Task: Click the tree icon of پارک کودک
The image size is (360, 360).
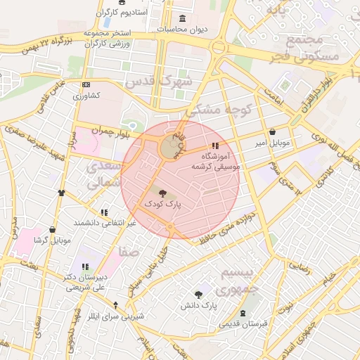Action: (x=163, y=193)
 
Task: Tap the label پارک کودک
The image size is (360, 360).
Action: (x=163, y=204)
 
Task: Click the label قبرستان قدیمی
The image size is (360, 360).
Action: (x=243, y=324)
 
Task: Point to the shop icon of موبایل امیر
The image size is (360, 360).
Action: (x=272, y=131)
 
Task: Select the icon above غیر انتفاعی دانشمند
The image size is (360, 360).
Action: (x=104, y=212)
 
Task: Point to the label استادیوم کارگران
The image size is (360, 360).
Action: (x=124, y=13)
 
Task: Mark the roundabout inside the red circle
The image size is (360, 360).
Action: (x=169, y=148)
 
